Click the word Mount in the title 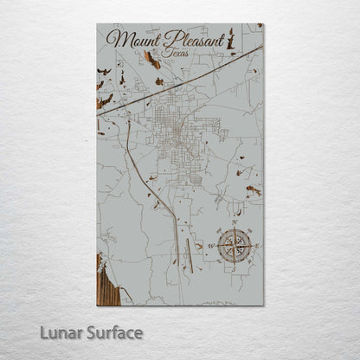(136, 40)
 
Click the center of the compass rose (234, 246)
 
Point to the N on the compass (234, 222)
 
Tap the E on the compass (257, 246)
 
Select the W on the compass (210, 246)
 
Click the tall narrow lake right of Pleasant (232, 39)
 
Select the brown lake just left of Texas (152, 60)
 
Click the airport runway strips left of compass (190, 251)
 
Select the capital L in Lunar (64, 331)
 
